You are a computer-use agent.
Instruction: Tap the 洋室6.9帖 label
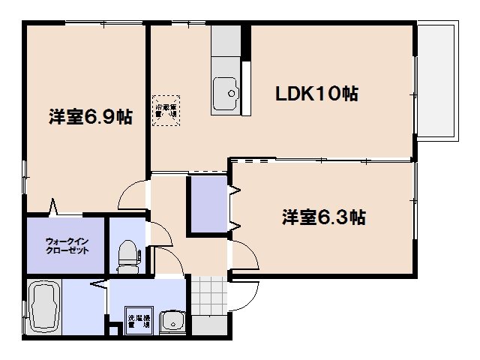[91, 117]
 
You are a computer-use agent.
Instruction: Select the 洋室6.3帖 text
[323, 217]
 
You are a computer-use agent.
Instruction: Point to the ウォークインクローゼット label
[67, 245]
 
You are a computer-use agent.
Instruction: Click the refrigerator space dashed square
[166, 111]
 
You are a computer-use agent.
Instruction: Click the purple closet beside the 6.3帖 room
[207, 205]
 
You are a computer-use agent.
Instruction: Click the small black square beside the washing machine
[114, 328]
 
